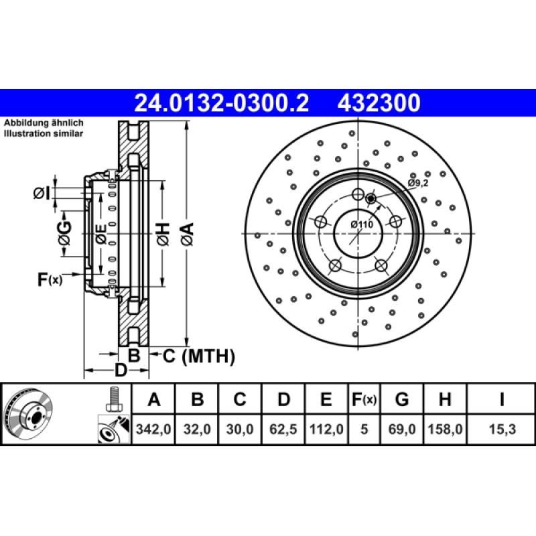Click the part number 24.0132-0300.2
coord(222,103)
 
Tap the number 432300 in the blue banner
coord(379,103)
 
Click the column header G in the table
coord(402,400)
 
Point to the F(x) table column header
coord(364,400)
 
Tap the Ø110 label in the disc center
coord(362,225)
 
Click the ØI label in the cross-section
coord(42,194)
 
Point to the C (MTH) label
coord(199,356)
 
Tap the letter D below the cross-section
coord(120,370)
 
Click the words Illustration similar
coord(44,134)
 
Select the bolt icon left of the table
coord(113,401)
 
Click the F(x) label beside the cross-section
coord(50,279)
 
